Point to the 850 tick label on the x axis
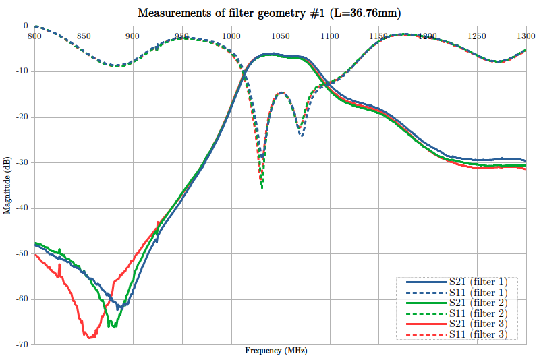coord(83,36)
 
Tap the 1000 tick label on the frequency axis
coord(231,36)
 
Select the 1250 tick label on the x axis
coord(476,36)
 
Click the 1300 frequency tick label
coord(526,36)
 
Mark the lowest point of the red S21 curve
coord(88,337)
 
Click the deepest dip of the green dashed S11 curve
coord(262,187)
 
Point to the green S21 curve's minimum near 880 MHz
coord(113,327)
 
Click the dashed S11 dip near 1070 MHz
coord(301,136)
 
